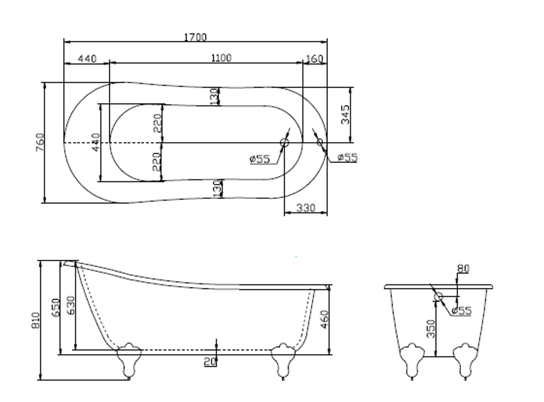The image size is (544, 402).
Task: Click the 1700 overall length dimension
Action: [195, 37]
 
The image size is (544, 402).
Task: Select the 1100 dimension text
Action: [220, 58]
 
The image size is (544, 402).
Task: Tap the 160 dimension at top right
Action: [314, 58]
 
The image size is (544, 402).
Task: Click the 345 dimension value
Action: [345, 114]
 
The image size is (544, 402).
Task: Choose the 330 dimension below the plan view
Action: [306, 208]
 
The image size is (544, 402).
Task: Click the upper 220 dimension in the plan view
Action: [158, 124]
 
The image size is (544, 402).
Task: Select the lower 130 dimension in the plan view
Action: [217, 189]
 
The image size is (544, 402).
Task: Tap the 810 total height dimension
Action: [36, 321]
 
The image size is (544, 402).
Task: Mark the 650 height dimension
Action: [55, 308]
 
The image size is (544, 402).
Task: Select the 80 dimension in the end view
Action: [463, 268]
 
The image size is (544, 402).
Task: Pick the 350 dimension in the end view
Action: [431, 328]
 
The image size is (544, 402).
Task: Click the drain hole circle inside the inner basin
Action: [285, 143]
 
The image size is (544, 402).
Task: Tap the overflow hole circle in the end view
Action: [438, 297]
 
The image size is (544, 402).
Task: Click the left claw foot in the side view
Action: [129, 359]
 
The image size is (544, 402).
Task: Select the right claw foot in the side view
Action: [283, 359]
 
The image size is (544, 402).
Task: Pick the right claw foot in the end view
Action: [465, 360]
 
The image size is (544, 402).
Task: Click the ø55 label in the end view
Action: [461, 311]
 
